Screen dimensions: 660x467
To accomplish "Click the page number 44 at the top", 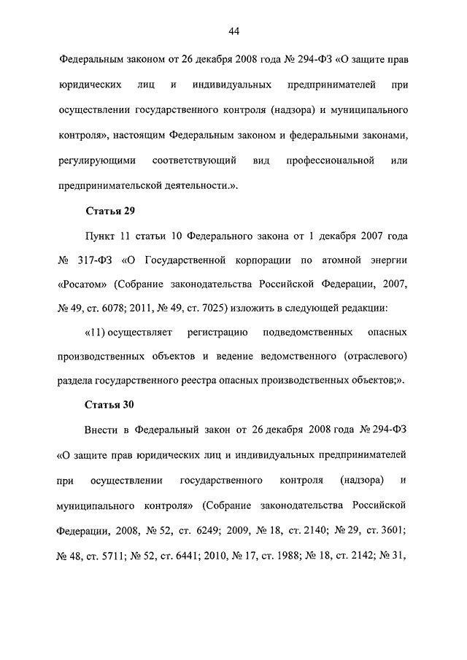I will point(233,31).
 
